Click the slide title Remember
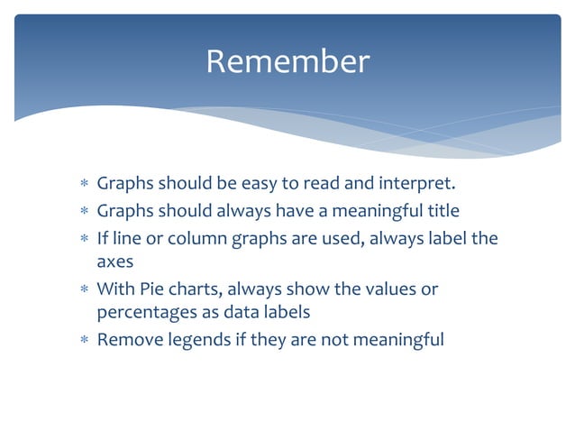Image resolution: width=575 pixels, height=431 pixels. tap(287, 61)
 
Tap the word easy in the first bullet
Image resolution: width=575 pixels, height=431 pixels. tap(259, 185)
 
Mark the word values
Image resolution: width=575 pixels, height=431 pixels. tap(391, 289)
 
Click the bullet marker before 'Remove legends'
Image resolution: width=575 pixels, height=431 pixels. tap(84, 341)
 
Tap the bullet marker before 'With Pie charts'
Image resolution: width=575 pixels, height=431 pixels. tap(84, 290)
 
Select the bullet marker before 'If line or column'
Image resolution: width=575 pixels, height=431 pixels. tap(84, 238)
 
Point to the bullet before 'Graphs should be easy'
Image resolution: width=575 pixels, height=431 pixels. tap(84, 186)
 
